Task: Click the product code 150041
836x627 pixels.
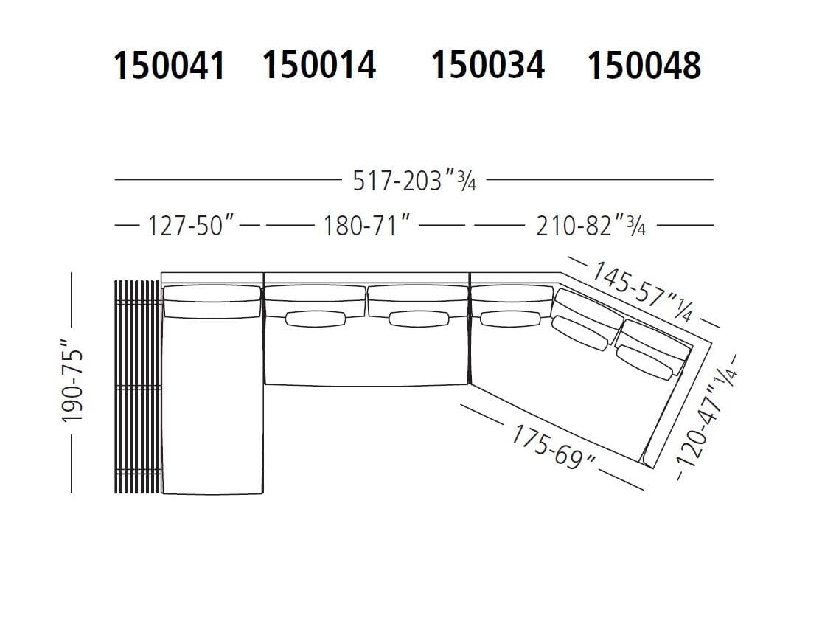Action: coord(169,66)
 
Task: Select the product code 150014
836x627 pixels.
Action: coord(319,66)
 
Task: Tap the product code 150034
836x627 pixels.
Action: coord(488,66)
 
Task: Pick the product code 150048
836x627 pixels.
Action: coord(644,66)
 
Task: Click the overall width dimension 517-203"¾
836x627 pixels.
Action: coord(414,181)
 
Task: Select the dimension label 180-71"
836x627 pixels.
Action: coord(366,226)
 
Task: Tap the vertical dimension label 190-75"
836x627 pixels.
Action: coord(74,381)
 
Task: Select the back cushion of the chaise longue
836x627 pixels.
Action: coord(211,302)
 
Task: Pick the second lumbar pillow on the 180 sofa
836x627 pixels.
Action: coord(418,319)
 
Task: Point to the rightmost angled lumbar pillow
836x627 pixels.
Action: coord(647,361)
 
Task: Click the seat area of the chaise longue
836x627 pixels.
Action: coord(212,406)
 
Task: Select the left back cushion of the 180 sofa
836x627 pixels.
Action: coord(315,297)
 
